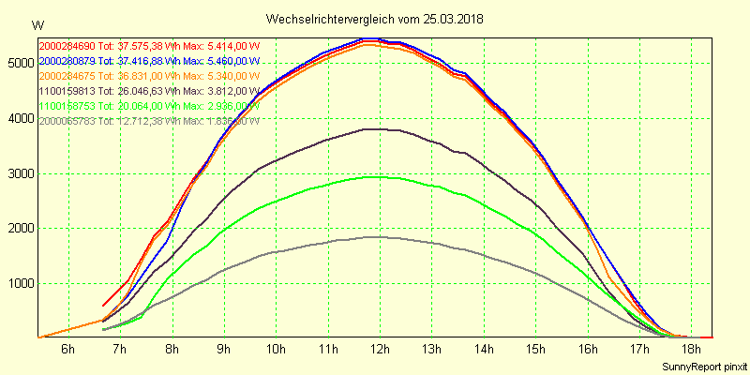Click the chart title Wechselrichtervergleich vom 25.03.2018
375,19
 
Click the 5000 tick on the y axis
19,63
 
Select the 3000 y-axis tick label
19,173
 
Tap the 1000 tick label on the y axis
19,284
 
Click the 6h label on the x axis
67,350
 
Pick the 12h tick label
380,350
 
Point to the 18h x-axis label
691,350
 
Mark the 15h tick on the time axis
535,350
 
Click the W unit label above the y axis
37,24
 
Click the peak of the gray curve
372,237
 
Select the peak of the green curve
372,176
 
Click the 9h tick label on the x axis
223,350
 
